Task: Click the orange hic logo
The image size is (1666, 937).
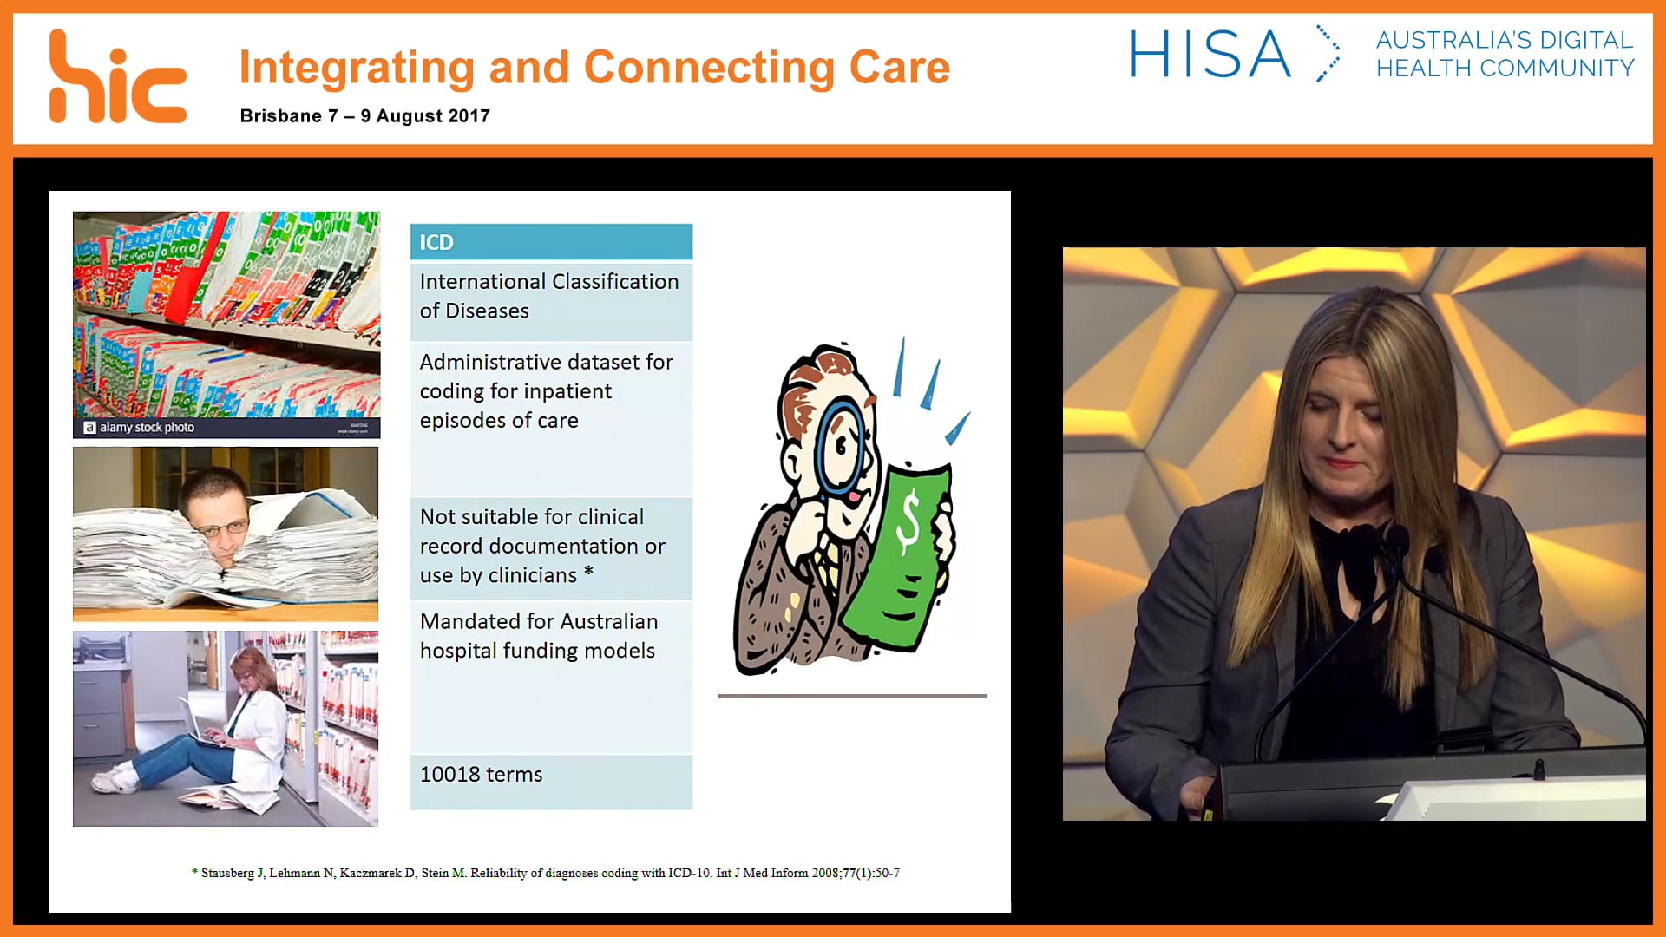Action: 117,78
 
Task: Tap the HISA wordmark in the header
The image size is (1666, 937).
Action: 1210,55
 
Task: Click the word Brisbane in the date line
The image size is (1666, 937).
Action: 280,116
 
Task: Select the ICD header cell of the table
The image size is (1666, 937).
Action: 551,242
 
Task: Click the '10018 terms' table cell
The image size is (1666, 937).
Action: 551,775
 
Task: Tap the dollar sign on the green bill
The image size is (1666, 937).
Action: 908,521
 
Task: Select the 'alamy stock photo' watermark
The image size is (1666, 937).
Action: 139,427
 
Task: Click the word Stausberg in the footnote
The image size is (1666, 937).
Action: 227,873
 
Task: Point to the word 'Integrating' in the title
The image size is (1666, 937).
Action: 357,68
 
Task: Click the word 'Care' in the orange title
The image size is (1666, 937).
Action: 899,68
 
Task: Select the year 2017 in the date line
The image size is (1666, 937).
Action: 469,116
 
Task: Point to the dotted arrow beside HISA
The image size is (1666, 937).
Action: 1328,54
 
